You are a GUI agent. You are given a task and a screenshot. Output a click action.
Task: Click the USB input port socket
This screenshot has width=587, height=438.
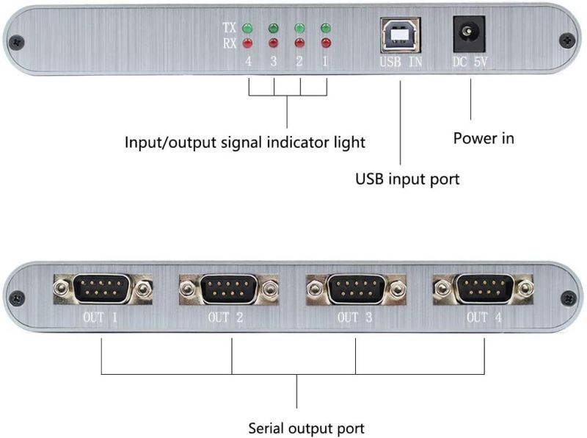tap(400, 34)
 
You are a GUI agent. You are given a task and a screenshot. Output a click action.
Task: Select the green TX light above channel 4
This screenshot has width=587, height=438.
tap(247, 29)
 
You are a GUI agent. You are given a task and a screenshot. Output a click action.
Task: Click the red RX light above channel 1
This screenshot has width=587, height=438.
tap(325, 43)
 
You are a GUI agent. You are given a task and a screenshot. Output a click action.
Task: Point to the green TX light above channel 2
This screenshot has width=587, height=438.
tap(299, 29)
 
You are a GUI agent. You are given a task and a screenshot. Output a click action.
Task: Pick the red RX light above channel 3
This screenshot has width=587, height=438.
tap(274, 43)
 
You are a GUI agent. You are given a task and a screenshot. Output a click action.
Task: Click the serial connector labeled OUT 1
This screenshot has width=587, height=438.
tap(103, 289)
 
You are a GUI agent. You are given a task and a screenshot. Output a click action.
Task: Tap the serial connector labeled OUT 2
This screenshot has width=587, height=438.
tap(230, 289)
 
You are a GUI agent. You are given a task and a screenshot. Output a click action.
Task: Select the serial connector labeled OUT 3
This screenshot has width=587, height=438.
tap(357, 289)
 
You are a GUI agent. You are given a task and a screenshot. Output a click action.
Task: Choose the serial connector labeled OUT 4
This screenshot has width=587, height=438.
tap(484, 289)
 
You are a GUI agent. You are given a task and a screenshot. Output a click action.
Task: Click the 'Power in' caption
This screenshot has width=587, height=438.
tap(484, 138)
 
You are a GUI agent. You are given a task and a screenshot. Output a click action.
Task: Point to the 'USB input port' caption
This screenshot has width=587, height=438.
tap(407, 179)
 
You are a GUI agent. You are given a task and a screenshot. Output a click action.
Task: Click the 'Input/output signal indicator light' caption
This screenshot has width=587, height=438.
tap(244, 142)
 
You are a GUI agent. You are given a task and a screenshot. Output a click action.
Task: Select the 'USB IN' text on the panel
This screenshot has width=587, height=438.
tap(401, 62)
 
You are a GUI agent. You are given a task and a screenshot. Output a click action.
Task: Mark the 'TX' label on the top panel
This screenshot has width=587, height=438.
tap(230, 28)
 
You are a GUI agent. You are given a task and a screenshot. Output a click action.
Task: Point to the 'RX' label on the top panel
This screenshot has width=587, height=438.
tap(230, 43)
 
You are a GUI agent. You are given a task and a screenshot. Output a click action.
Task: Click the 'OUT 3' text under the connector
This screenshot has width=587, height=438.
tap(357, 317)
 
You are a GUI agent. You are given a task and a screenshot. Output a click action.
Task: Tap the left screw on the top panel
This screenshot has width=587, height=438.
tap(16, 42)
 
